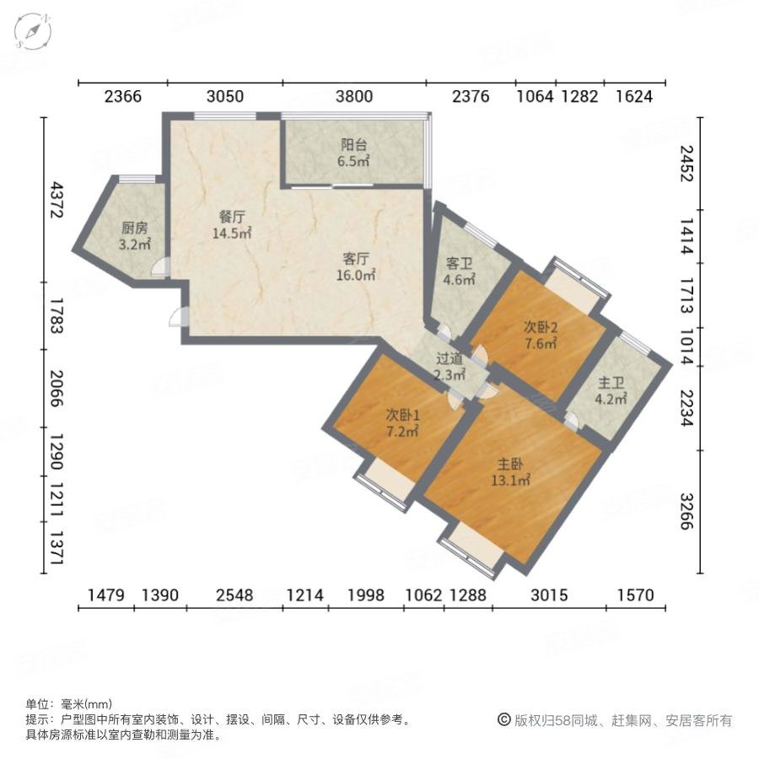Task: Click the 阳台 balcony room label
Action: coord(353,144)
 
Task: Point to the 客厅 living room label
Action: coord(358,259)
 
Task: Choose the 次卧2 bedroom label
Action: coord(541,327)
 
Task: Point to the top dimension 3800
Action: coord(354,96)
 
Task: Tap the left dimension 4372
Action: coord(56,200)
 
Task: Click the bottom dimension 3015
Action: coord(548,595)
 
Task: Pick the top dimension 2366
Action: coord(123,96)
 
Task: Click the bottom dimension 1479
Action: coord(107,595)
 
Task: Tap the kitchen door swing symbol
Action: coord(160,268)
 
